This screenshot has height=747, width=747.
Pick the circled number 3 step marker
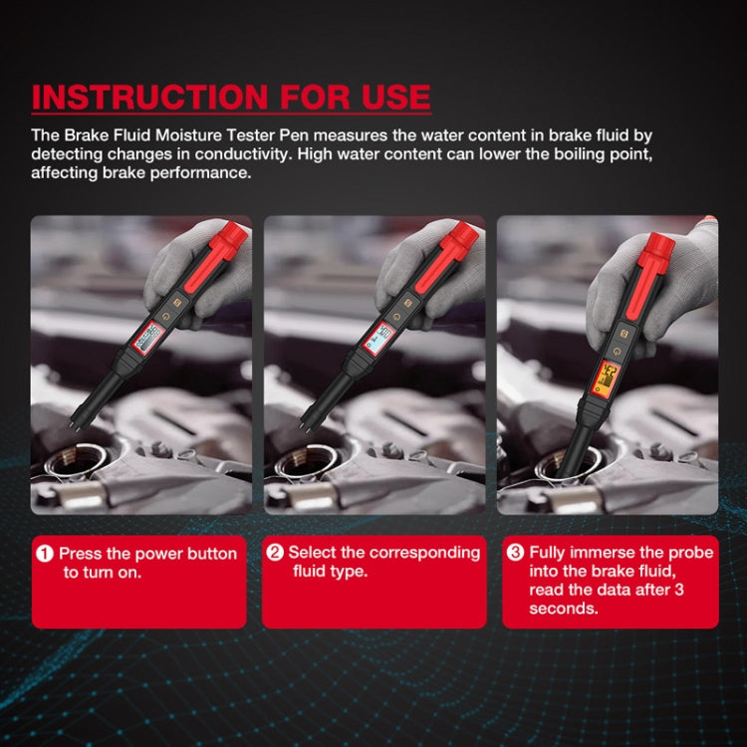(x=515, y=553)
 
